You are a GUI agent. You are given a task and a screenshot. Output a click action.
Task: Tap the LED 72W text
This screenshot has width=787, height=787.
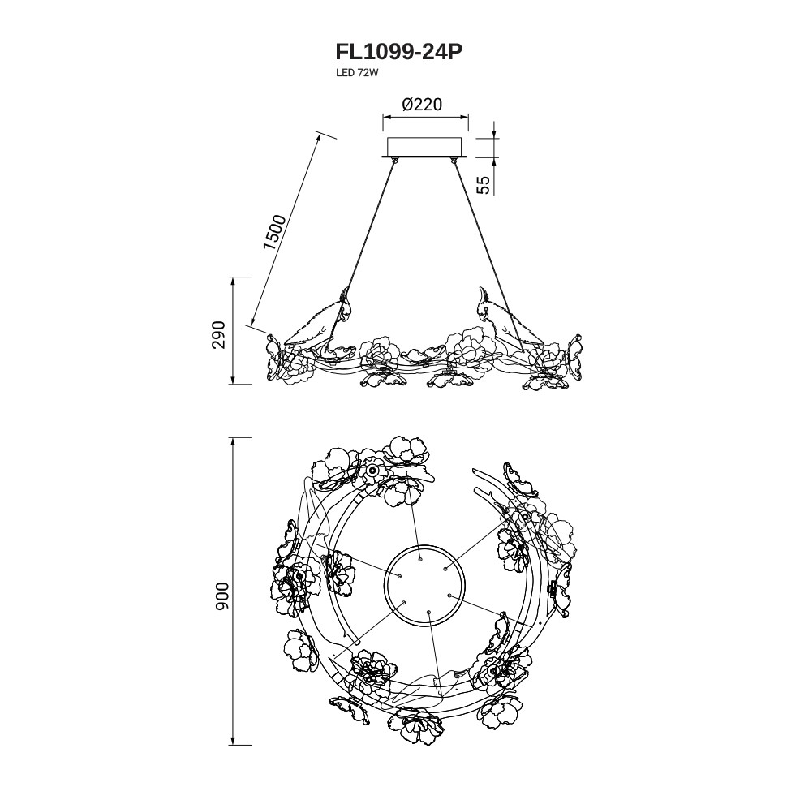click(358, 73)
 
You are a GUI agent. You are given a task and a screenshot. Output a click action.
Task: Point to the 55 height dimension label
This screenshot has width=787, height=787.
click(484, 184)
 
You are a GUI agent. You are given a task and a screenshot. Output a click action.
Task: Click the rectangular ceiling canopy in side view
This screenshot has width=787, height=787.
click(426, 147)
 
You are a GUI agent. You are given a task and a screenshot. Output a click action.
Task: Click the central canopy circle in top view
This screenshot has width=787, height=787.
click(424, 586)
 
